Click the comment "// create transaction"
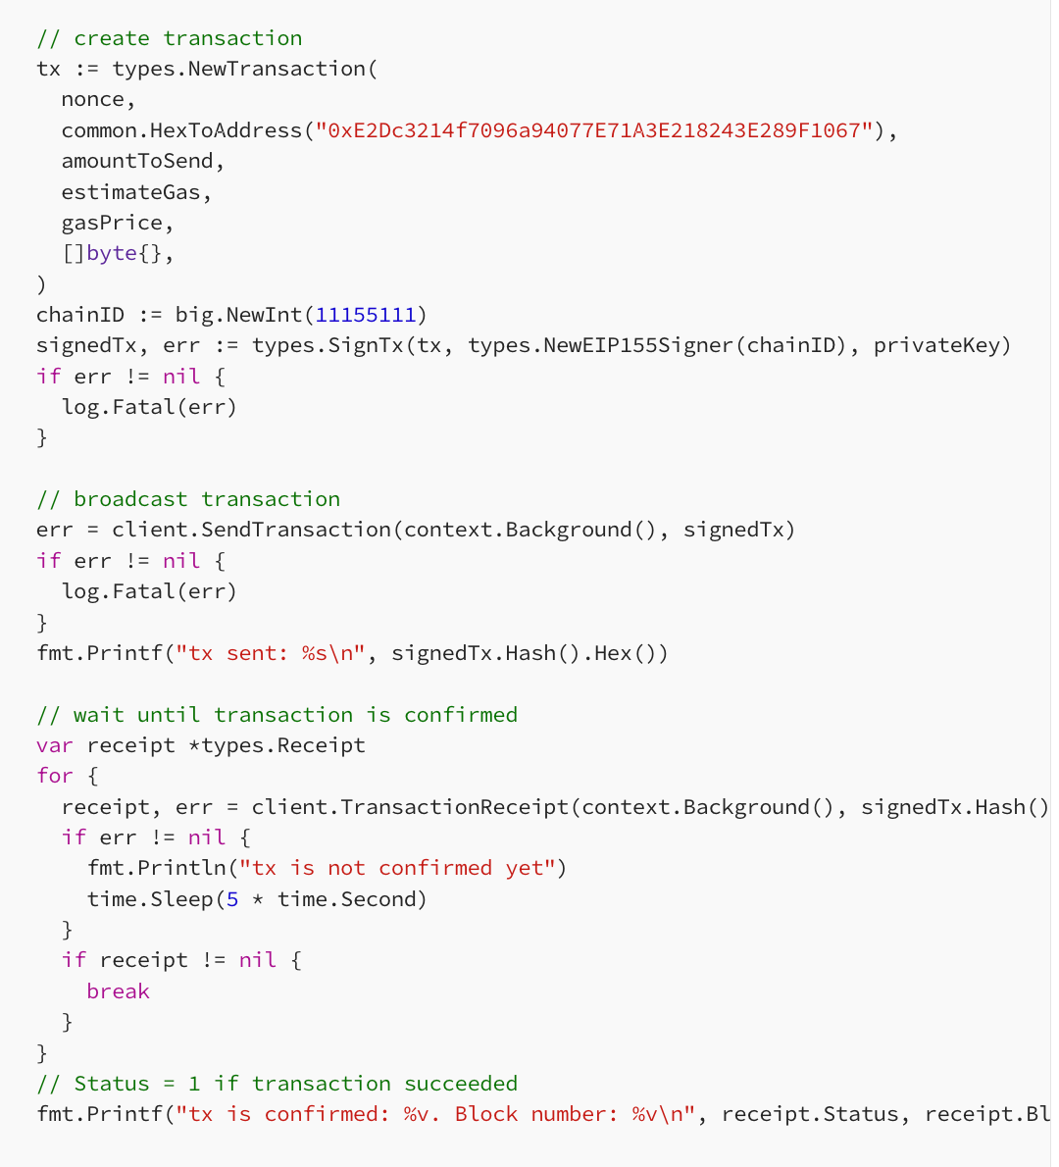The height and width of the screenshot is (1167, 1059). coord(170,38)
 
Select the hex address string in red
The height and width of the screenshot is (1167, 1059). coord(594,130)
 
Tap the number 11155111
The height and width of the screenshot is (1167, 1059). coord(366,315)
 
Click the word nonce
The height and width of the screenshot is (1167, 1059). coord(93,100)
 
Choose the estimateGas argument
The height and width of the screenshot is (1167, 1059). coord(131,192)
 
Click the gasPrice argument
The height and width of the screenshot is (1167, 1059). coord(113,223)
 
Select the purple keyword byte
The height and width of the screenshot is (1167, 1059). coord(112,253)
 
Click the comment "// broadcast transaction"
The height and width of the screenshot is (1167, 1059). coord(188,498)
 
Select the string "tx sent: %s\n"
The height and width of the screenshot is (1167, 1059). coord(271,653)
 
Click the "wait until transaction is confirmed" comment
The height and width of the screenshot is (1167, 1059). coord(277,715)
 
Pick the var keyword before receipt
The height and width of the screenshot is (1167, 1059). coord(55,745)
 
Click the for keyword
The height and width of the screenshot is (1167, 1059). coord(55,776)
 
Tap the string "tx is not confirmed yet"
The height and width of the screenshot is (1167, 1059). coord(397,868)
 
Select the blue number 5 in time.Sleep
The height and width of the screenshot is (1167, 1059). coord(232,899)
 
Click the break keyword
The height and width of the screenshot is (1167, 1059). coord(119,991)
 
